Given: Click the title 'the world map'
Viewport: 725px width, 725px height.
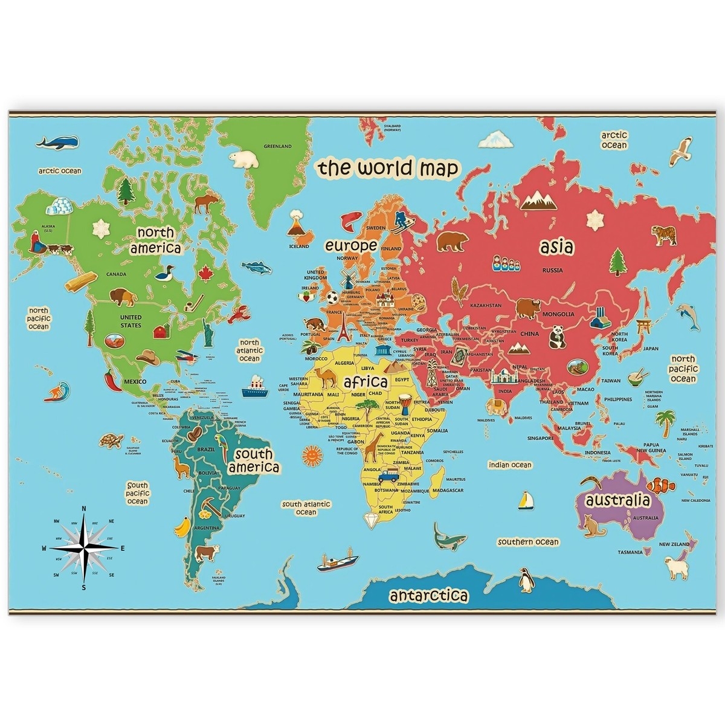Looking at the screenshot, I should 389,168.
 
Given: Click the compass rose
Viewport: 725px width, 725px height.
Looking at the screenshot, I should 84,548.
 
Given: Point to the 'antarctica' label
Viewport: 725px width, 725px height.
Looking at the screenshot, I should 429,596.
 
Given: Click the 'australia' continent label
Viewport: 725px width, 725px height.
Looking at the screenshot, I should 613,500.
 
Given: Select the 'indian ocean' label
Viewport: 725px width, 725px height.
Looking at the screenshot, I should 511,465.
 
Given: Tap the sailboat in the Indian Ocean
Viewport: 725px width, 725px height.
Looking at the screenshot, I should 526,500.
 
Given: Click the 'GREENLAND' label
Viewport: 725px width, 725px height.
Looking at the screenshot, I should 278,146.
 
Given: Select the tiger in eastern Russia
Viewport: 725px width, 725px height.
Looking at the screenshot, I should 663,235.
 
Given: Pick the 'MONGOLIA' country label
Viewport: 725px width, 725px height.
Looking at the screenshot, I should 558,314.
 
